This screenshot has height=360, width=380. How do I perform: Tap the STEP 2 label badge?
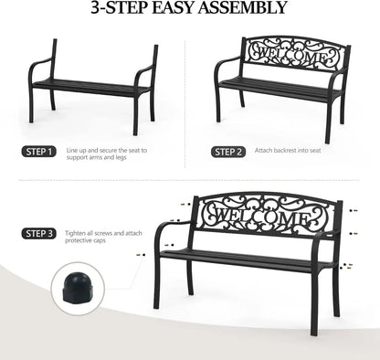[227, 152]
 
